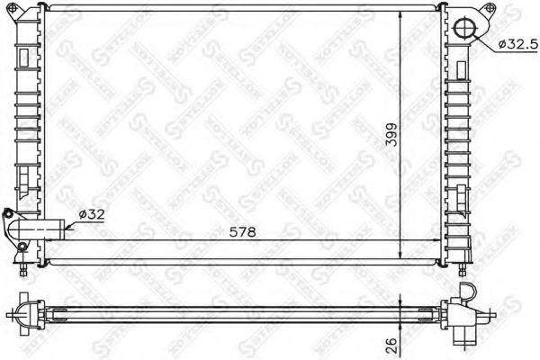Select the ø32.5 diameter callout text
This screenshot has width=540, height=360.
pyautogui.click(x=517, y=42)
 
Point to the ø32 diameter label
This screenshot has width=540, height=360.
pyautogui.click(x=94, y=214)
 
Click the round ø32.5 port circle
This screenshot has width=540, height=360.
pyautogui.click(x=466, y=27)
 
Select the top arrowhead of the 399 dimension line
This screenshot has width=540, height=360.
pyautogui.click(x=400, y=16)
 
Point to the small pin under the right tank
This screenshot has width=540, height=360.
pyautogui.click(x=463, y=267)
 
